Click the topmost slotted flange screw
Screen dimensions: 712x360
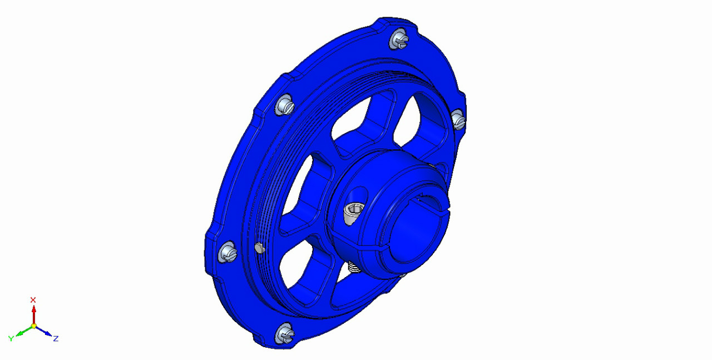pyautogui.click(x=399, y=39)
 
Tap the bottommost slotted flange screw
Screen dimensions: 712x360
pyautogui.click(x=285, y=333)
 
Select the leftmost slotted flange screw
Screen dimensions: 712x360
pyautogui.click(x=228, y=252)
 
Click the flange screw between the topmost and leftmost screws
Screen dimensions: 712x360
pyautogui.click(x=285, y=105)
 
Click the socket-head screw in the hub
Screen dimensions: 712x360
pyautogui.click(x=353, y=214)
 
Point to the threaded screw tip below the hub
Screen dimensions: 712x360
pyautogui.click(x=354, y=267)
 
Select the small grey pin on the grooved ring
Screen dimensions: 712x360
pyautogui.click(x=260, y=248)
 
